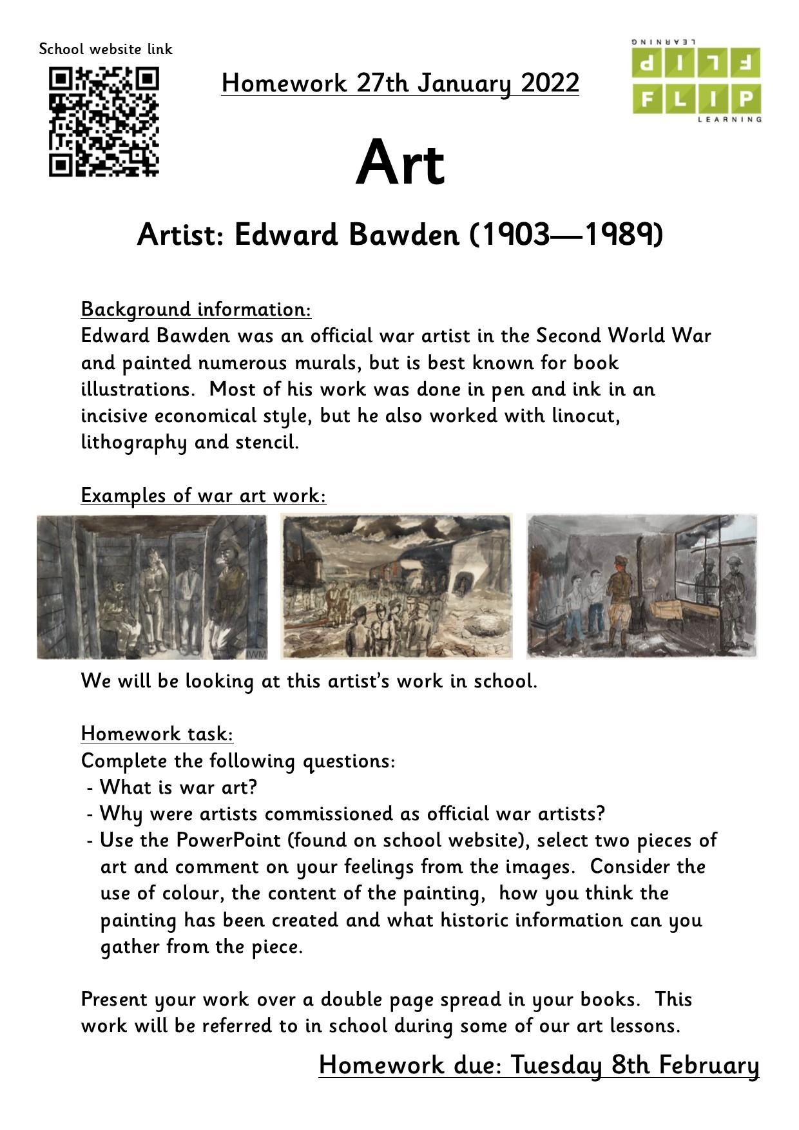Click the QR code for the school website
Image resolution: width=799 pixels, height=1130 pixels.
[x=104, y=122]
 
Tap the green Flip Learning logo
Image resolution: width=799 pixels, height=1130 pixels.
[x=696, y=81]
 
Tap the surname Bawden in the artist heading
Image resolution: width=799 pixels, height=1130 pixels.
[x=403, y=235]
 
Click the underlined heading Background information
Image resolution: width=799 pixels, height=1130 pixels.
[x=196, y=309]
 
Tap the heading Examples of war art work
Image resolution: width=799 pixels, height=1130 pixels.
[x=204, y=495]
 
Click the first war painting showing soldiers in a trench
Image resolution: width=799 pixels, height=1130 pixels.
[x=152, y=586]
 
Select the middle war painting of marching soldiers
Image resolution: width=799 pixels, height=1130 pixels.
[x=396, y=586]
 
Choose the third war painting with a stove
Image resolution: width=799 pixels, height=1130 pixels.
[x=642, y=586]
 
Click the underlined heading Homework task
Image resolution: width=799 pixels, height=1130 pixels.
[x=157, y=734]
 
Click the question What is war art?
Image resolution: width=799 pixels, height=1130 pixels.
[x=178, y=787]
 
